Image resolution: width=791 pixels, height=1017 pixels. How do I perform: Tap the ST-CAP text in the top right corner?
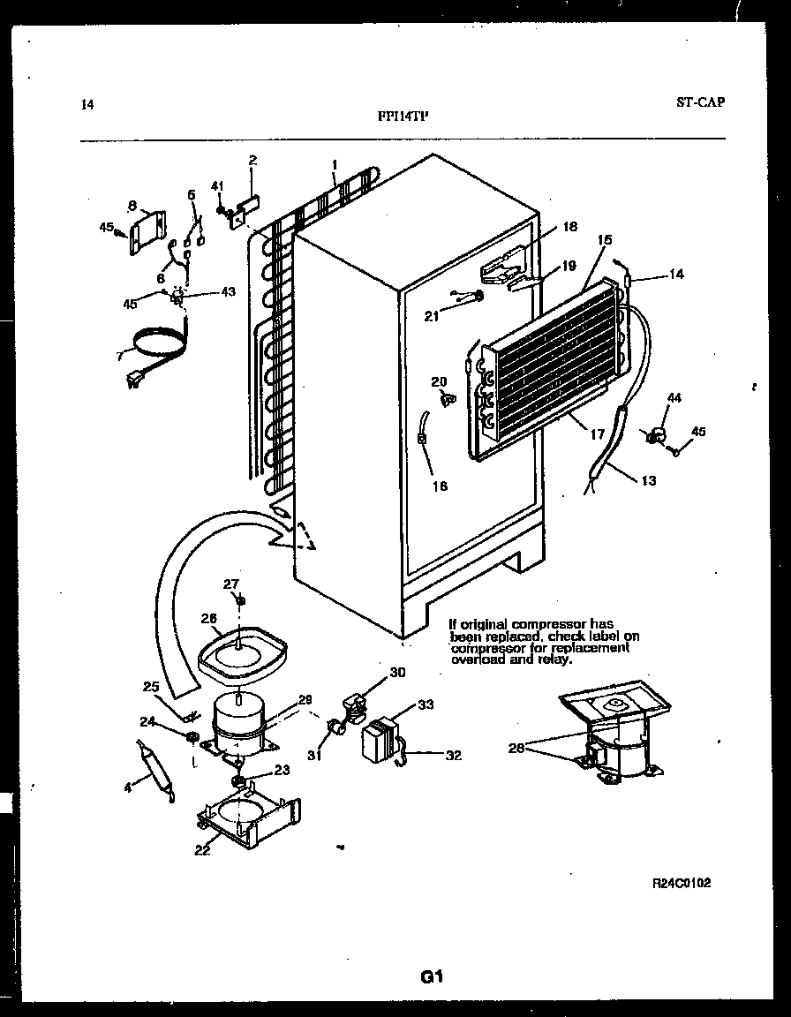pos(700,102)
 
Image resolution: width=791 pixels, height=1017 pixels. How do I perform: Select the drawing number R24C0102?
pos(682,882)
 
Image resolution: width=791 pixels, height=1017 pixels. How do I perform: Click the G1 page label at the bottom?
pos(431,976)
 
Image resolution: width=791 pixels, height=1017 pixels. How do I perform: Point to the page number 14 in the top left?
pos(87,105)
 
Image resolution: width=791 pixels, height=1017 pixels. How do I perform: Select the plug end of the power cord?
pos(135,380)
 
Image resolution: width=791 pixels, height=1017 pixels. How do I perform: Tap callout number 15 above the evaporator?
pos(605,239)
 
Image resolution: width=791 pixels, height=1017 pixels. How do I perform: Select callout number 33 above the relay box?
pos(426,704)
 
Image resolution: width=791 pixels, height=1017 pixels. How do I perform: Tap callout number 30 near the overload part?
pos(398,673)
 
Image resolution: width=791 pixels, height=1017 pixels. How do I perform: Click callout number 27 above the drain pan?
pos(231,584)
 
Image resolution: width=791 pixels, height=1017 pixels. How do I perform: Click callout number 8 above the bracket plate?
pos(132,206)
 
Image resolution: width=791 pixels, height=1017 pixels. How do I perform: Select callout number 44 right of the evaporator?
pos(674,399)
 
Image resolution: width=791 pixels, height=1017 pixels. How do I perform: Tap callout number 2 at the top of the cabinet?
pos(252,161)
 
